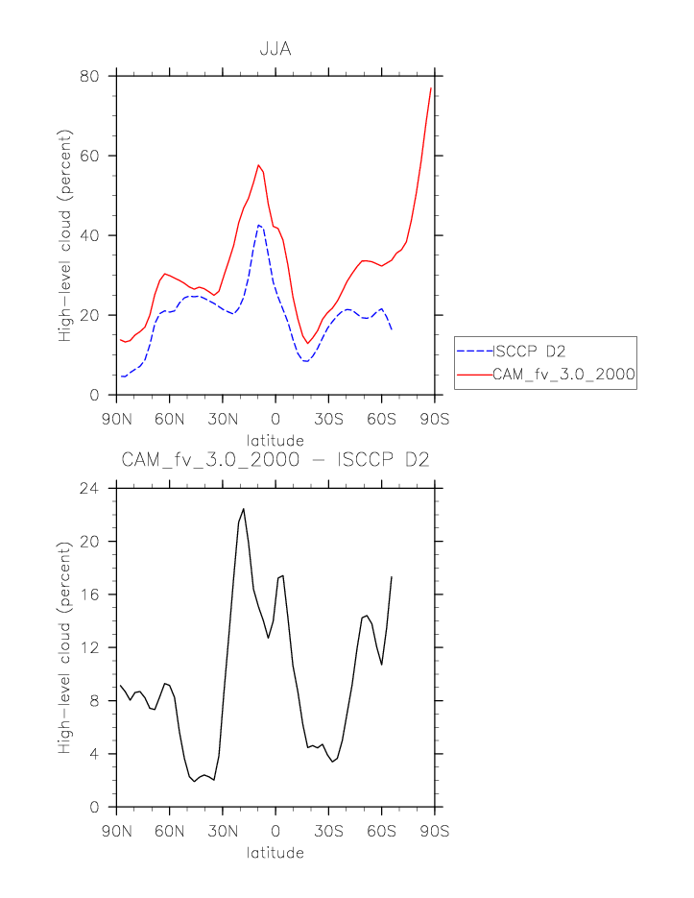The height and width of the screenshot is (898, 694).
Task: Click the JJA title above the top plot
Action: point(275,49)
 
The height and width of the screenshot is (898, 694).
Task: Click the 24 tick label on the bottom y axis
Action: point(89,488)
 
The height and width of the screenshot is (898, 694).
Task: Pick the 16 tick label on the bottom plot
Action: point(90,595)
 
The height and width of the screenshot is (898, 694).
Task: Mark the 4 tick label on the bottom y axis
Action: point(95,754)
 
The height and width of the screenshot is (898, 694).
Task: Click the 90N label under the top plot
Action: point(116,418)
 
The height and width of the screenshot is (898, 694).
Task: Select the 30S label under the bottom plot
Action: point(328,830)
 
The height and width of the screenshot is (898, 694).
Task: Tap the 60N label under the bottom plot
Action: point(169,830)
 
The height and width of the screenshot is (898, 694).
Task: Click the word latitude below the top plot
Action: point(275,440)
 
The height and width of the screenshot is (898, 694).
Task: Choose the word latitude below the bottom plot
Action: point(275,852)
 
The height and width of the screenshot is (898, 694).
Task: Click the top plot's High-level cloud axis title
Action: point(65,235)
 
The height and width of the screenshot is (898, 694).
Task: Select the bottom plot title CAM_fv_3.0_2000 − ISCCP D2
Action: point(275,460)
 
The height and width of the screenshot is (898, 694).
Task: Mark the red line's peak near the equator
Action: point(258,165)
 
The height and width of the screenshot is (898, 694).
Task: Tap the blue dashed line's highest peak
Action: point(258,225)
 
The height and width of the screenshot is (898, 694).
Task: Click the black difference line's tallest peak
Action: point(244,509)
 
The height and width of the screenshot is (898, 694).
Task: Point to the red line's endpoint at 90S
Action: point(431,87)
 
